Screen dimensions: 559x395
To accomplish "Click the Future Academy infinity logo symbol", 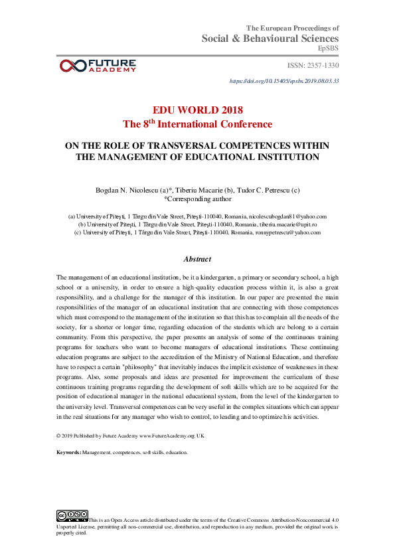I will pos(72,65).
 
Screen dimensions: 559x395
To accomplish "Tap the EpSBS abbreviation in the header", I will pos(329,48).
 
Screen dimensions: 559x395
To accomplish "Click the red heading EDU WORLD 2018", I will pos(197,110).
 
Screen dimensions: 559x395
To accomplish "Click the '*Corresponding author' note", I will pos(197,199).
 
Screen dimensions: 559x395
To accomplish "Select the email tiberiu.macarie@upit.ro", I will pos(284,224).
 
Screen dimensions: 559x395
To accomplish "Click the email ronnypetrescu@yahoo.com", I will pos(286,232).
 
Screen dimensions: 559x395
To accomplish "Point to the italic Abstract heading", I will pos(197,260).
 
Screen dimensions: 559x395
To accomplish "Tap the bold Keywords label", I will pos(69,452).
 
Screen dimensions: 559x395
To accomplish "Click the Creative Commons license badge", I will pos(72,515).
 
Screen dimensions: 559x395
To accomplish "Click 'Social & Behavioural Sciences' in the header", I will pos(270,39).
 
